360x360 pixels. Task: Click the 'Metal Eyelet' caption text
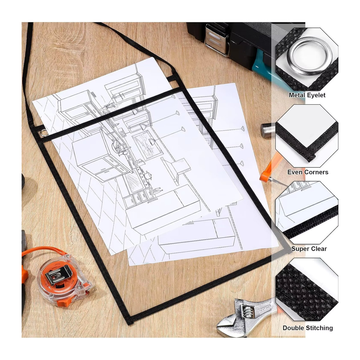click(307, 95)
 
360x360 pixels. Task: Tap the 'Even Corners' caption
click(308, 172)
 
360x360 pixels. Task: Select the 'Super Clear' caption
click(309, 249)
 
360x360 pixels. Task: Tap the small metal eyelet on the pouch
click(43, 133)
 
